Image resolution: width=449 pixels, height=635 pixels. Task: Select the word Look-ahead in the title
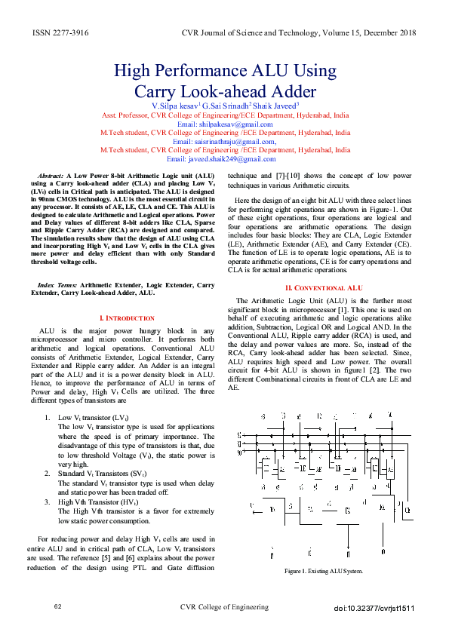(x=226, y=93)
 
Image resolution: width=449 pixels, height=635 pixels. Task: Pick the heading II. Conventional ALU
(x=323, y=288)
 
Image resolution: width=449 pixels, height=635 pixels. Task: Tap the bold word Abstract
(x=51, y=175)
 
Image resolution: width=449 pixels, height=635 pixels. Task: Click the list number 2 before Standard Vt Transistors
(x=48, y=473)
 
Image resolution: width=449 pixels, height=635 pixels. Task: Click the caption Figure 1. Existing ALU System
(x=321, y=571)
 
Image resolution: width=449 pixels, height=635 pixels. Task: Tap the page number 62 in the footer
(x=57, y=606)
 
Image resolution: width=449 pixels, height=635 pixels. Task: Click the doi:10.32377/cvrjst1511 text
(x=374, y=608)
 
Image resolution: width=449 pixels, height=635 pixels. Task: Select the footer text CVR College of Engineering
(x=224, y=607)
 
